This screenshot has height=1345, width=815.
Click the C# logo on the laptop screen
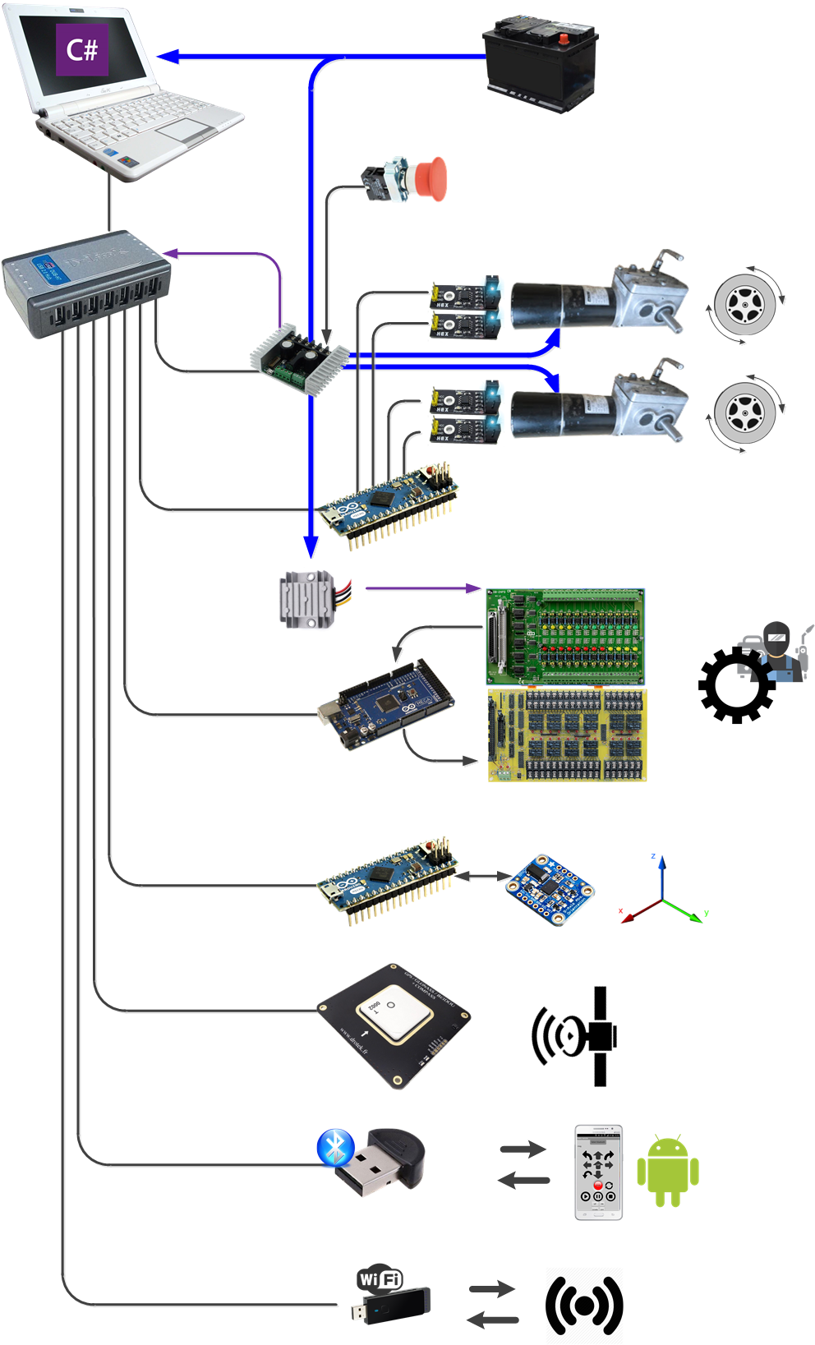[x=81, y=50]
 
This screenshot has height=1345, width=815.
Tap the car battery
[x=540, y=66]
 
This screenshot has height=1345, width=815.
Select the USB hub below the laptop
[x=85, y=283]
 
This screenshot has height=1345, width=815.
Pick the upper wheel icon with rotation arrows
[x=744, y=305]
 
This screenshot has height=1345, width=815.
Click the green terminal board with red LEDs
[x=565, y=637]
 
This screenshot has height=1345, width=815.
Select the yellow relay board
[x=567, y=735]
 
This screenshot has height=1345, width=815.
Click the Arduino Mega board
[x=384, y=705]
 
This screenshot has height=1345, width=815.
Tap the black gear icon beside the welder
[x=735, y=684]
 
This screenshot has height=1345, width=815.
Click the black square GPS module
[x=394, y=1026]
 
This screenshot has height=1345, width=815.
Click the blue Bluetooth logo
[x=335, y=1148]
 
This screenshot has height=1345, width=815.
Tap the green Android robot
[x=667, y=1172]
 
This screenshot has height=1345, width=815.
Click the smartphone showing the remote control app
[x=598, y=1172]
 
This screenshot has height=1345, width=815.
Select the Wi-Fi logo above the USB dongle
[x=380, y=1279]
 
